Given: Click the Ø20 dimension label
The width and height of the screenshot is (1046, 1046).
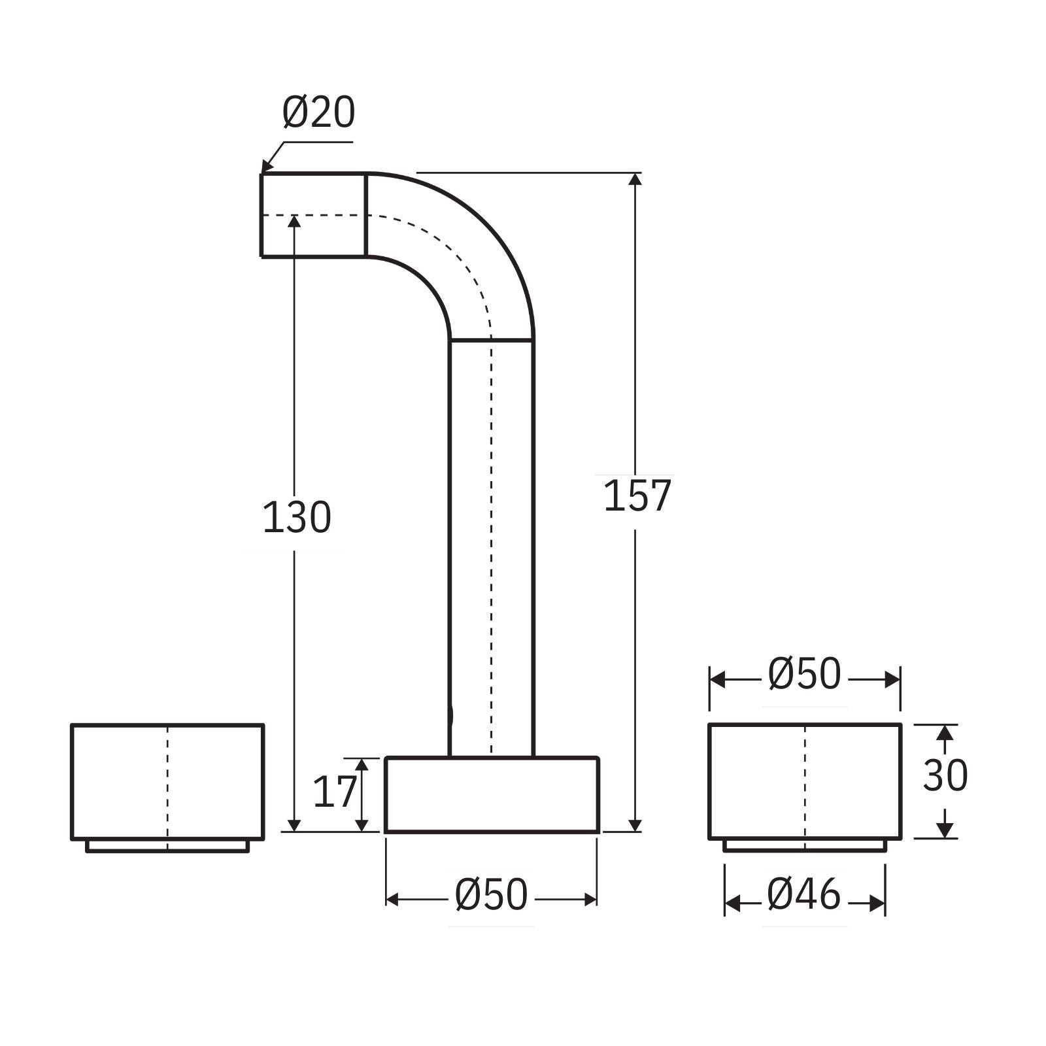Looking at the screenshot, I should tap(318, 112).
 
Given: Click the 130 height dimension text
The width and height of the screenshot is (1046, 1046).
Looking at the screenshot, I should tap(297, 518).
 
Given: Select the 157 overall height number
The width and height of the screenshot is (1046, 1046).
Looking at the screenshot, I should tap(637, 496).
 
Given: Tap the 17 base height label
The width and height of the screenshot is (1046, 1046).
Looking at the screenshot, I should tap(334, 792).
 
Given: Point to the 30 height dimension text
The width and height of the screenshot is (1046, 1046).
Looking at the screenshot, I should tap(944, 776).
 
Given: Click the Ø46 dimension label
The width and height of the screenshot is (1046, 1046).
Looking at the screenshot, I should tap(803, 895).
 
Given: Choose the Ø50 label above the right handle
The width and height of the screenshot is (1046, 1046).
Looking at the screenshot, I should tap(804, 675).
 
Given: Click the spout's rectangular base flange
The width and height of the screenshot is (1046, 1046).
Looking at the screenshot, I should tap(492, 795).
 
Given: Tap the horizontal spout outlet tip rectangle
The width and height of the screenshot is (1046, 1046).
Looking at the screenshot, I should tap(313, 215).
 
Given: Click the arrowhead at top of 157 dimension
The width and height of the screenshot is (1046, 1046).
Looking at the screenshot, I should tap(635, 178).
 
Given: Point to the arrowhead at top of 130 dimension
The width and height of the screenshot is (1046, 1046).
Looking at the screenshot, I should tap(294, 220).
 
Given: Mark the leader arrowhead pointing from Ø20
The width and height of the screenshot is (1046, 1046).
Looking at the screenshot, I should tap(265, 167).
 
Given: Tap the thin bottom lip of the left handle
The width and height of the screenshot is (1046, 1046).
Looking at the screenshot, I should tap(167, 846).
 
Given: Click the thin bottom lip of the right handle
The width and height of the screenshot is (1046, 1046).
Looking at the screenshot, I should tap(805, 846).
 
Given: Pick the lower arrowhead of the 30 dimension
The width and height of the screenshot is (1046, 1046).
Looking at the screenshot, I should tap(943, 830).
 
